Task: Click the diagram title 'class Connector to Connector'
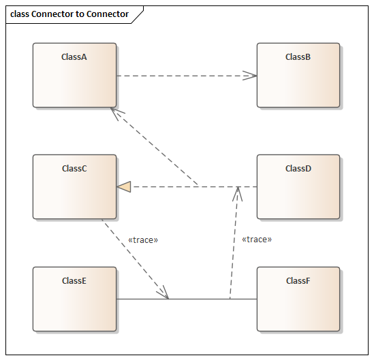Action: coord(69,14)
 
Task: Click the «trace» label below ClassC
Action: coord(143,240)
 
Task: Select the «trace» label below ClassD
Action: coord(257,240)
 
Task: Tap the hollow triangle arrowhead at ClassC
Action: coord(123,186)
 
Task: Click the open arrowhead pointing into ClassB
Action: coord(251,76)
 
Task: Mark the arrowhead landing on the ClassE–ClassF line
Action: coord(163,293)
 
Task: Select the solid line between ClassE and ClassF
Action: coord(198,299)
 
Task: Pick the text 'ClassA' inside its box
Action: coord(74,57)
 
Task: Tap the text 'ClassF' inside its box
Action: coord(298,280)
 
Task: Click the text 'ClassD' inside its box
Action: coord(298,169)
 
